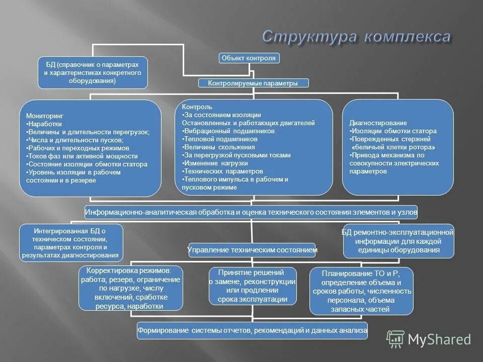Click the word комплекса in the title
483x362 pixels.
(407, 37)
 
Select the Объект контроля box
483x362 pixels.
(249, 58)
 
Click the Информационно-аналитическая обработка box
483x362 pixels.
(251, 212)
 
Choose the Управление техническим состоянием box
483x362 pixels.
(252, 249)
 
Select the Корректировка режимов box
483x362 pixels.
(130, 288)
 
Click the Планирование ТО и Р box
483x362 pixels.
(361, 291)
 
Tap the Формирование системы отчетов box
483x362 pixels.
(252, 330)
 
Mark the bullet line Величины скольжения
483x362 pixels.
(218, 147)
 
